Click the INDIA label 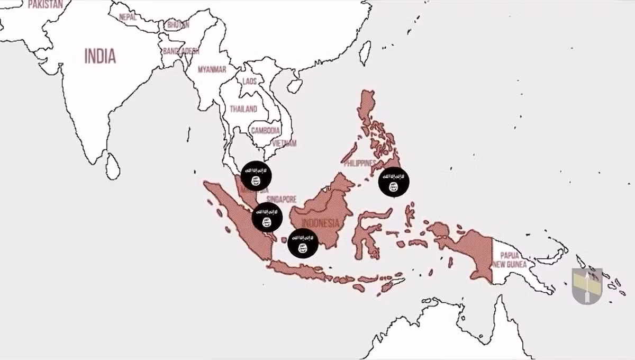(100, 56)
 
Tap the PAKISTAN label (45, 4)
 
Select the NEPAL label (128, 17)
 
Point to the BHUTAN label (178, 25)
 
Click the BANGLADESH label (181, 51)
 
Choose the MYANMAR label (212, 69)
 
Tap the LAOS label (249, 82)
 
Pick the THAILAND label (243, 109)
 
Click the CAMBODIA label (265, 130)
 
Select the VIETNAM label (284, 143)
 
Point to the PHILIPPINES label (360, 163)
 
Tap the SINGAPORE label (281, 199)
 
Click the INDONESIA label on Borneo (320, 223)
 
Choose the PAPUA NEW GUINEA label (513, 259)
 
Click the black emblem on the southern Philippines (394, 182)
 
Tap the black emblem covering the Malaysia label (256, 176)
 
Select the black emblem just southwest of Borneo (303, 244)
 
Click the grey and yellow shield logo (587, 286)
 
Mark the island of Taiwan (365, 53)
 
